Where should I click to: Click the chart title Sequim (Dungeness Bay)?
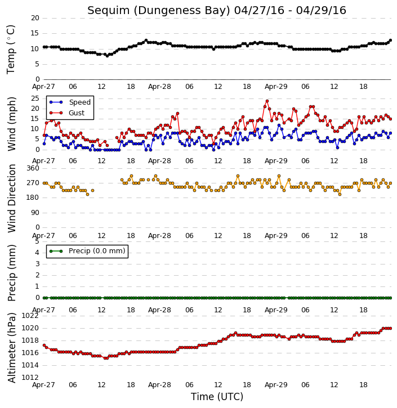click(159, 11)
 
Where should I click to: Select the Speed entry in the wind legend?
click(70, 102)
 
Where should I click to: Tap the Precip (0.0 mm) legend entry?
click(87, 251)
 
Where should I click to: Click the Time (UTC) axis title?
click(217, 397)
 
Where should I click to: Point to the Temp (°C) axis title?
click(11, 50)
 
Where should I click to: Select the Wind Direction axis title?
click(12, 198)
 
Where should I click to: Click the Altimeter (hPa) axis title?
click(12, 348)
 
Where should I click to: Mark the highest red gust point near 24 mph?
click(267, 101)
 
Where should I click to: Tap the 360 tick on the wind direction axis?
click(33, 168)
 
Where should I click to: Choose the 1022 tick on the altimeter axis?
click(30, 316)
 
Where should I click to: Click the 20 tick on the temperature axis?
click(35, 18)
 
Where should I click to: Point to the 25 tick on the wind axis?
click(35, 98)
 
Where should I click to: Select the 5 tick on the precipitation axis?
click(37, 241)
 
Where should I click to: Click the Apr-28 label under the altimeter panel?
click(159, 384)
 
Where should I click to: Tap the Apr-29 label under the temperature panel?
click(276, 87)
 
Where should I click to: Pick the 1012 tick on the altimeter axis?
click(30, 378)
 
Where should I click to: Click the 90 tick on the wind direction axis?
click(35, 213)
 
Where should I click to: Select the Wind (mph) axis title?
click(12, 124)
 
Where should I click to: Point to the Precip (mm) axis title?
click(12, 273)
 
